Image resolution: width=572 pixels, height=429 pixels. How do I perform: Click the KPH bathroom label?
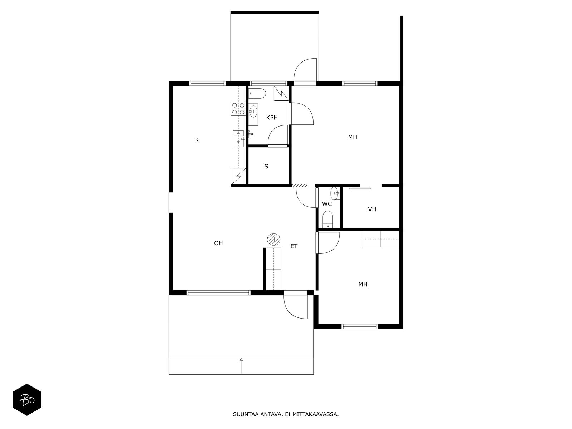pyautogui.click(x=272, y=118)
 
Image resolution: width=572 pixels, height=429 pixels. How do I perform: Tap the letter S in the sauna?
pyautogui.click(x=266, y=167)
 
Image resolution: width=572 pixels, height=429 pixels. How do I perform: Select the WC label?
pyautogui.click(x=327, y=204)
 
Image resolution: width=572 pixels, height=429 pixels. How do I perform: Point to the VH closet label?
pyautogui.click(x=372, y=209)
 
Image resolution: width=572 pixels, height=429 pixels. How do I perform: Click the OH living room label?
pyautogui.click(x=218, y=243)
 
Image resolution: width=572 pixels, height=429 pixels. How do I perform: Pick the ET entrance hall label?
pyautogui.click(x=294, y=246)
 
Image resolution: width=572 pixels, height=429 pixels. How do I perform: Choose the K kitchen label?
pyautogui.click(x=197, y=140)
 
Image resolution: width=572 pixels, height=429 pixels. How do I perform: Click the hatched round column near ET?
pyautogui.click(x=273, y=240)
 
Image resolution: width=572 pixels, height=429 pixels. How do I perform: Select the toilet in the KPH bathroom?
pyautogui.click(x=257, y=93)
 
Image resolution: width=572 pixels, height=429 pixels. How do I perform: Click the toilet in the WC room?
pyautogui.click(x=327, y=220)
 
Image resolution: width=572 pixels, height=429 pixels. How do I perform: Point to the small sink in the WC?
pyautogui.click(x=335, y=193)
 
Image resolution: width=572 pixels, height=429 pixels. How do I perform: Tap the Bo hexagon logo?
pyautogui.click(x=27, y=400)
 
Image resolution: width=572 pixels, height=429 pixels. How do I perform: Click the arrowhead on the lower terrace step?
pyautogui.click(x=241, y=359)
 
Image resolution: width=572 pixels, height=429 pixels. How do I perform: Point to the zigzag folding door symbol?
pyautogui.click(x=300, y=186)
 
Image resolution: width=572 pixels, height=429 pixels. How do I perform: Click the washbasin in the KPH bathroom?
pyautogui.click(x=253, y=112)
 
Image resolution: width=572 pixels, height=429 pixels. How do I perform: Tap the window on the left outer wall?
pyautogui.click(x=171, y=202)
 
